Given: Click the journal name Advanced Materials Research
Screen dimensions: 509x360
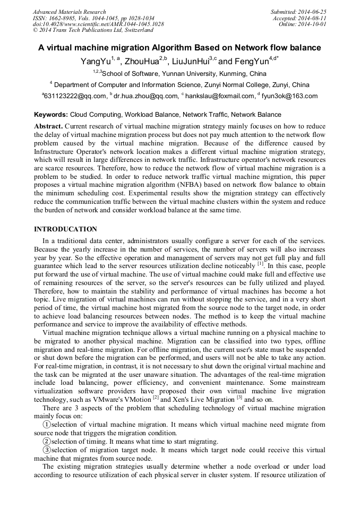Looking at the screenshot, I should [x=69, y=12].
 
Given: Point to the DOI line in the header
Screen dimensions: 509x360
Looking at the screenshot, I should [x=98, y=24].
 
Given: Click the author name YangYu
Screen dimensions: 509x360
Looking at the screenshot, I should [x=94, y=62].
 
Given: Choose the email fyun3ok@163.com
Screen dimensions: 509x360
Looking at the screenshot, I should [x=289, y=96].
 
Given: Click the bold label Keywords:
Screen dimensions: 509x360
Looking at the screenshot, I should [x=51, y=114].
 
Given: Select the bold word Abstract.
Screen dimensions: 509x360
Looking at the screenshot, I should [x=49, y=126].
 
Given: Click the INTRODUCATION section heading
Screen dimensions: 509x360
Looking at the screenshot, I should [x=65, y=229].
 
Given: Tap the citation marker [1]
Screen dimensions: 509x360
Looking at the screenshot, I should [x=260, y=263].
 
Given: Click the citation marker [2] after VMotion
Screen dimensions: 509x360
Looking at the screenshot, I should [x=156, y=396].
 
